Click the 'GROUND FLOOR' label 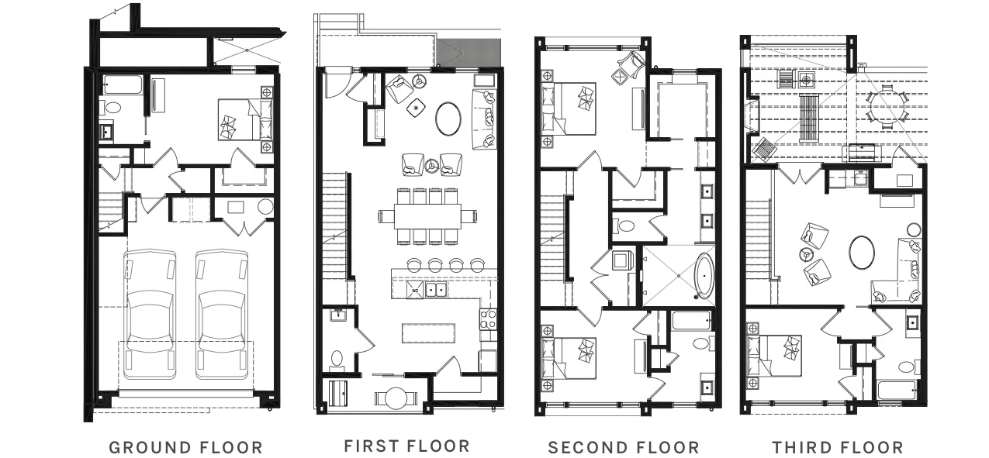click(186, 447)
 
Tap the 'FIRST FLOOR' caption click(406, 446)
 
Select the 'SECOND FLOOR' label click(624, 447)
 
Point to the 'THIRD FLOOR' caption click(838, 447)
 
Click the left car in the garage click(150, 315)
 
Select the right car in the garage click(221, 315)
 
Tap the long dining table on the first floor click(427, 215)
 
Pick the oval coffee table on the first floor click(448, 119)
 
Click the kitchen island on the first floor click(428, 333)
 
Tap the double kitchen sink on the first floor click(436, 290)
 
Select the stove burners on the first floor click(488, 319)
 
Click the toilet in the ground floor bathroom click(111, 107)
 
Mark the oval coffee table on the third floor click(862, 253)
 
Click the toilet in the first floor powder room click(337, 360)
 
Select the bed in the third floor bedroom click(774, 356)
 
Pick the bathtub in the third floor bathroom click(897, 391)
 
